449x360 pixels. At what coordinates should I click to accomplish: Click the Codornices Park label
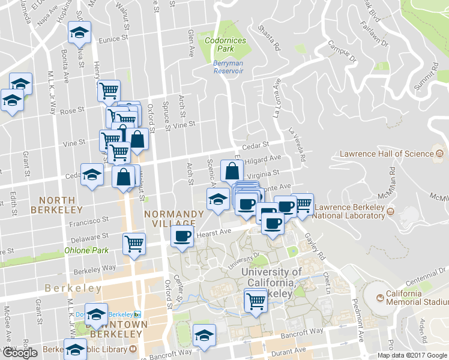[216, 44]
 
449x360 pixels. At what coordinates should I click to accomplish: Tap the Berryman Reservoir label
[228, 67]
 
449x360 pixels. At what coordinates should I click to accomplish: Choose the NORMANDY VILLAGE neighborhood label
[173, 219]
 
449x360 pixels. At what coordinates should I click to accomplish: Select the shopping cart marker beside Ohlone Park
[134, 244]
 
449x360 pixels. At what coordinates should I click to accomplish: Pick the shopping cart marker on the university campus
[256, 299]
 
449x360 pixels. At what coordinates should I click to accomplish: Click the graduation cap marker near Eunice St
[78, 34]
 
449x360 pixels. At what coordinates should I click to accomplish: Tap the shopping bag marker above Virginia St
[232, 170]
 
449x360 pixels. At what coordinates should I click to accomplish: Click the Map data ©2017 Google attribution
[412, 355]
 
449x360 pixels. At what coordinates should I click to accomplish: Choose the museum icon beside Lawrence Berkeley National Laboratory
[391, 211]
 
